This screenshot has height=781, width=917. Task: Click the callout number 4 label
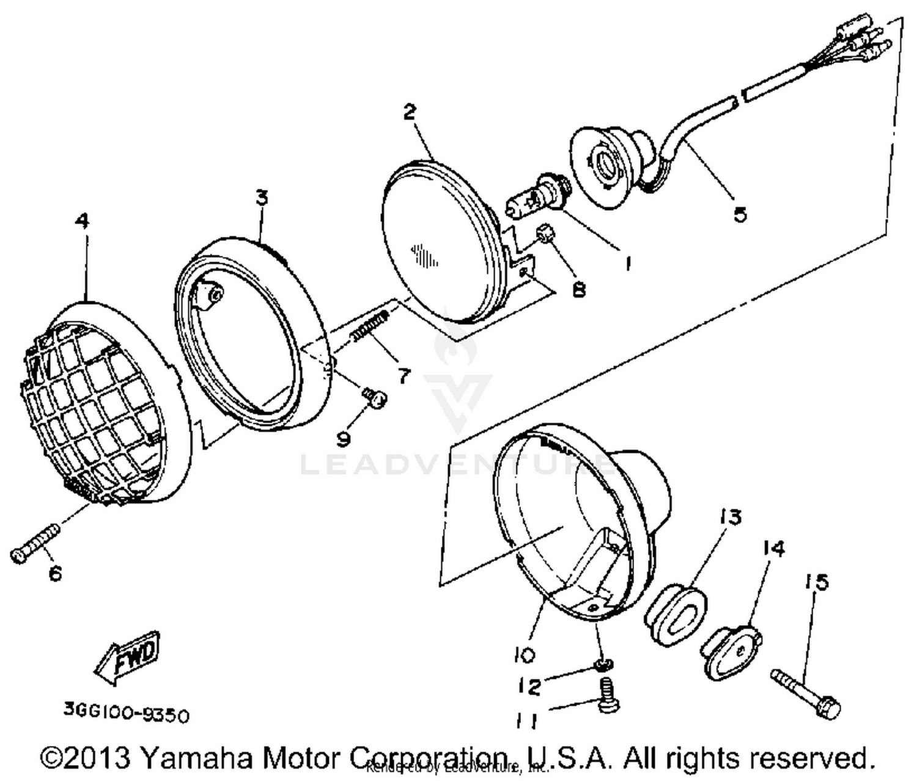[81, 221]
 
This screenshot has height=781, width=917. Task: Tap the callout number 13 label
[731, 517]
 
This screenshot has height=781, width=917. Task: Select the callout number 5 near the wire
[740, 215]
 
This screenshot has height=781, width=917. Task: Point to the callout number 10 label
[524, 655]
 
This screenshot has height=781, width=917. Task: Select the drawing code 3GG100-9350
[126, 714]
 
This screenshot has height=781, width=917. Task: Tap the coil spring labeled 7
[370, 327]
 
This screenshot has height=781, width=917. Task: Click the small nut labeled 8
[544, 235]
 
